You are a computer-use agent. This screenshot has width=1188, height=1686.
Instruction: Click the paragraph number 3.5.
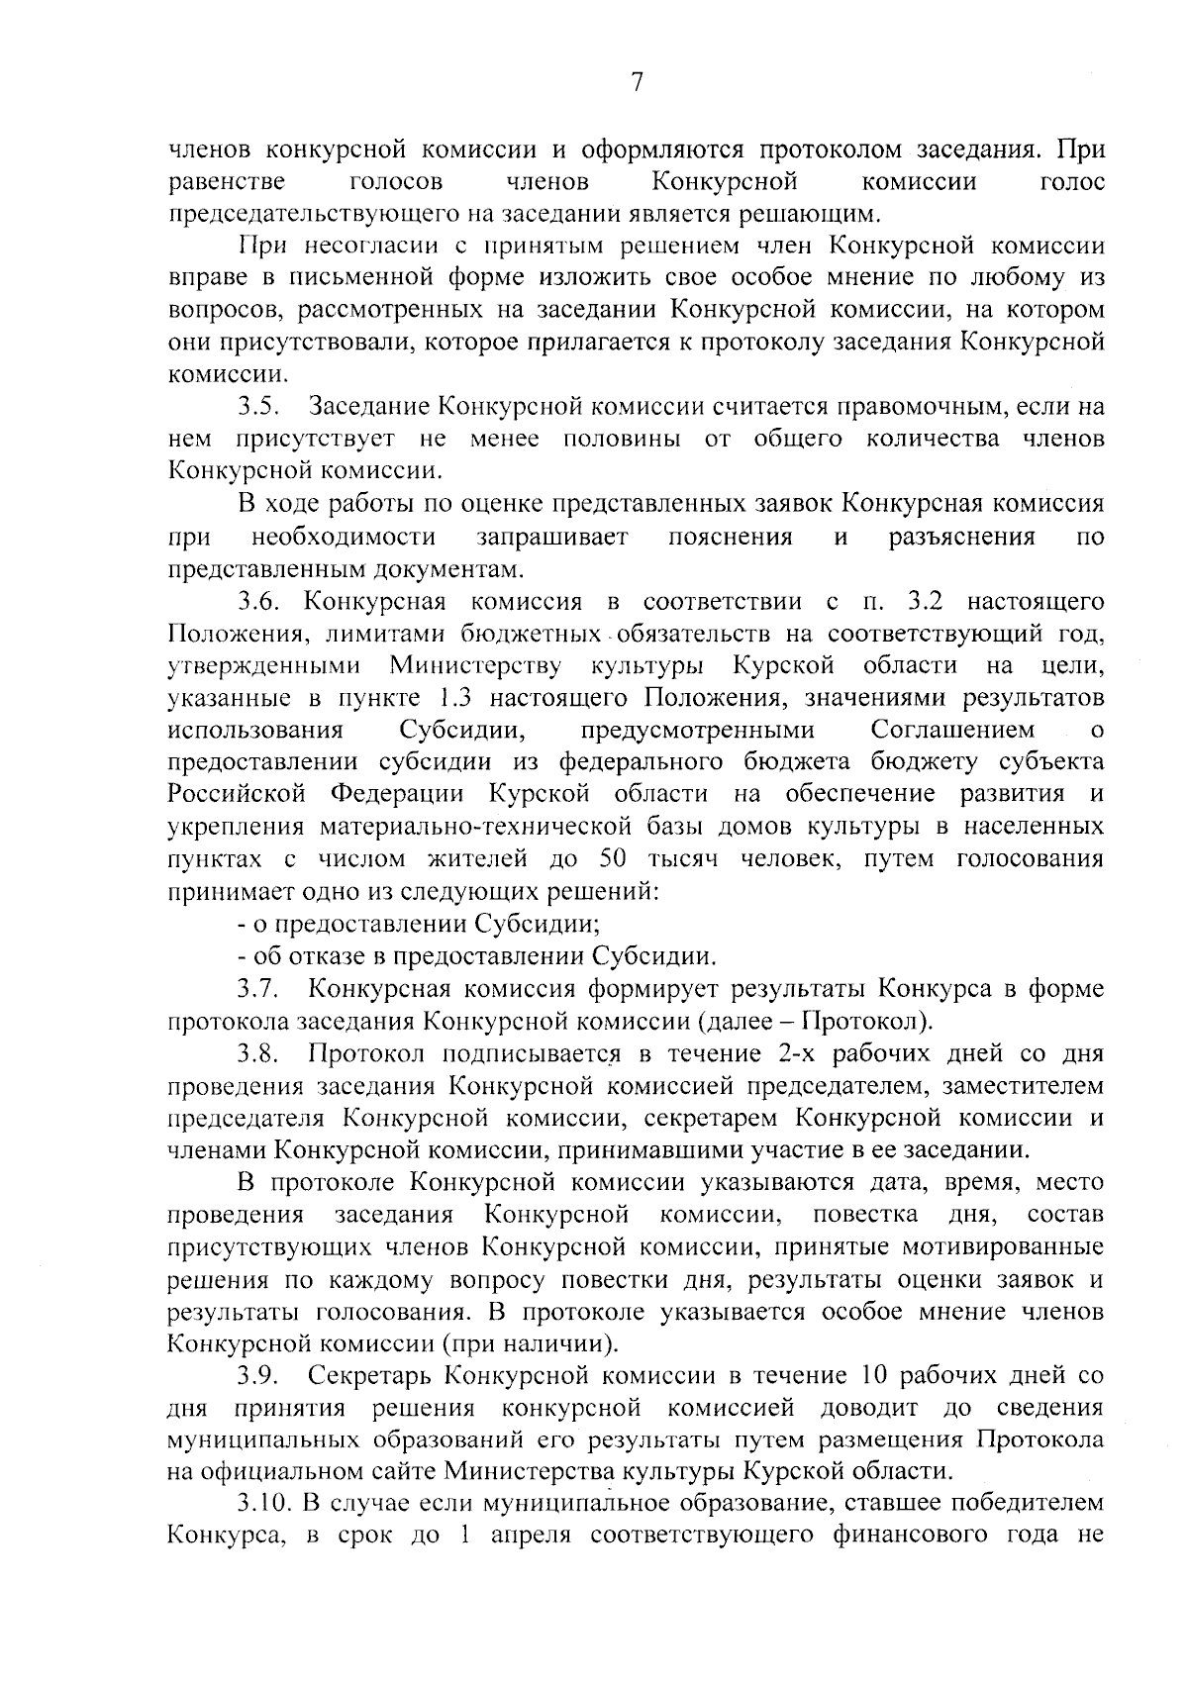[262, 406]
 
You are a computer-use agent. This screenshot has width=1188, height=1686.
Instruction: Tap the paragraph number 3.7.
[262, 989]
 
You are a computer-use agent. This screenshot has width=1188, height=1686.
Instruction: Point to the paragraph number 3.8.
[262, 1053]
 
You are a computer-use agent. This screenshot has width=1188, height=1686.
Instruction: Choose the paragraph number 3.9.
[262, 1376]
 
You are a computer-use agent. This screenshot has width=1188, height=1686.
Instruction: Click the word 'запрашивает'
[552, 538]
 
